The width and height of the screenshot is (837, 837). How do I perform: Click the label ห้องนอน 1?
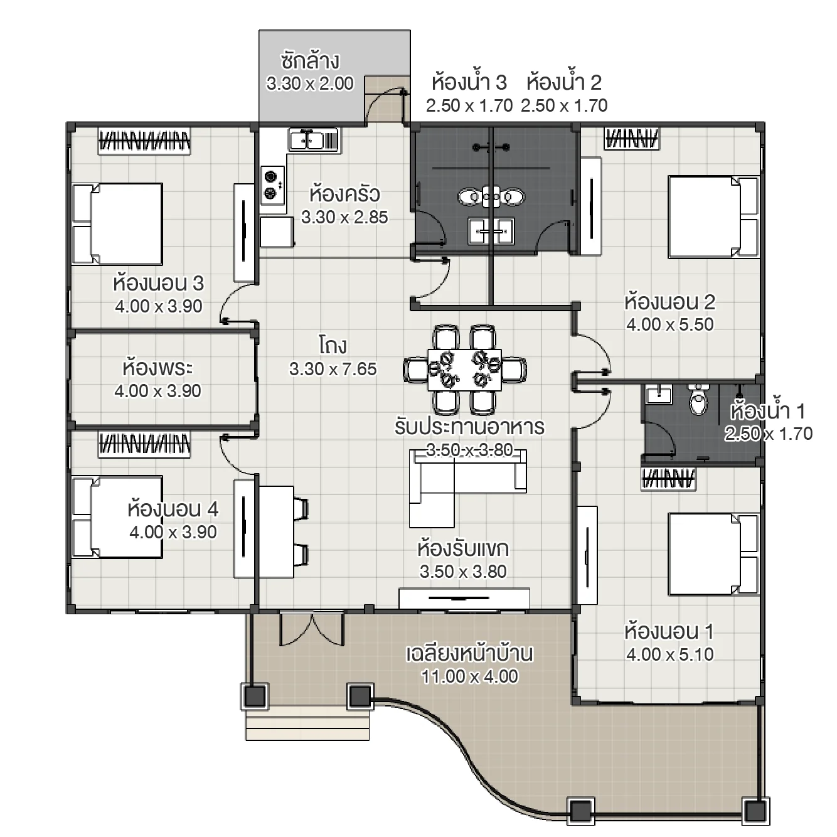[x=669, y=631]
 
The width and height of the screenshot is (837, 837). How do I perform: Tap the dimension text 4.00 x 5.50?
[x=669, y=324]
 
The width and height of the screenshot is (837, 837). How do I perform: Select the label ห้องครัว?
[x=344, y=194]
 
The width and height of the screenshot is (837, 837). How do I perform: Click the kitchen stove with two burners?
[x=271, y=184]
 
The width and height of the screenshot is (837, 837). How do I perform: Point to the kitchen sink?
[x=312, y=139]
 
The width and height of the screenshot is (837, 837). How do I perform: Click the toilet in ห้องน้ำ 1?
[x=698, y=400]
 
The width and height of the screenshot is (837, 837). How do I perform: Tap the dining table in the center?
[x=465, y=370]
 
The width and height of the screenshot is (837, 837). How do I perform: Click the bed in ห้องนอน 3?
[x=118, y=223]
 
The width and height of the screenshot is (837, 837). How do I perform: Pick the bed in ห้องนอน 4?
[x=117, y=516]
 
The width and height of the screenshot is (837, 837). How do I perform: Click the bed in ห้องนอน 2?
[x=713, y=216]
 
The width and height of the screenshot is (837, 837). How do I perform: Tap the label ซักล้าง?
[x=310, y=61]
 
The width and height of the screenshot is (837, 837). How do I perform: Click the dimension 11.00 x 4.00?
[x=469, y=676]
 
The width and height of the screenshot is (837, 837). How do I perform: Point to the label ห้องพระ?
[x=157, y=367]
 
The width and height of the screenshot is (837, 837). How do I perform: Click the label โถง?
[x=333, y=346]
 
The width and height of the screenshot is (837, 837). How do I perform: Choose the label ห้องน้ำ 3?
[x=469, y=82]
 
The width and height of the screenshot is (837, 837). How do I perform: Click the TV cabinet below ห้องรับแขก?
[x=464, y=598]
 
